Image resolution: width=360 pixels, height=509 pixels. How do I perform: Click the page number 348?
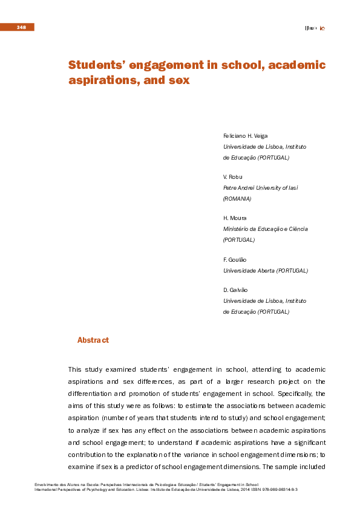21,27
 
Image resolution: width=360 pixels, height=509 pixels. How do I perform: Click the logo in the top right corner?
315,28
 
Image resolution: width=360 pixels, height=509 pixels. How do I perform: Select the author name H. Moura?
235,218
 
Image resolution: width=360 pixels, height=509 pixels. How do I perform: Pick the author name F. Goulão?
235,259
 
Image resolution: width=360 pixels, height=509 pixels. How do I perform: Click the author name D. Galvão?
236,290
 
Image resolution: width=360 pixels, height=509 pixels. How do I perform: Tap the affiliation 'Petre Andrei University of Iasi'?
261,188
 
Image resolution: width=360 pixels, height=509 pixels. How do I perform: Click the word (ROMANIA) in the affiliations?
237,198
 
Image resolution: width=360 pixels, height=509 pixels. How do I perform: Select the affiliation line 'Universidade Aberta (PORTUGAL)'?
266,270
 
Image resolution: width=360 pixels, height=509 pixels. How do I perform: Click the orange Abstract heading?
93,340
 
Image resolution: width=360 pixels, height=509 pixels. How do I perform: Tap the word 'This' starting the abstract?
74,369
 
